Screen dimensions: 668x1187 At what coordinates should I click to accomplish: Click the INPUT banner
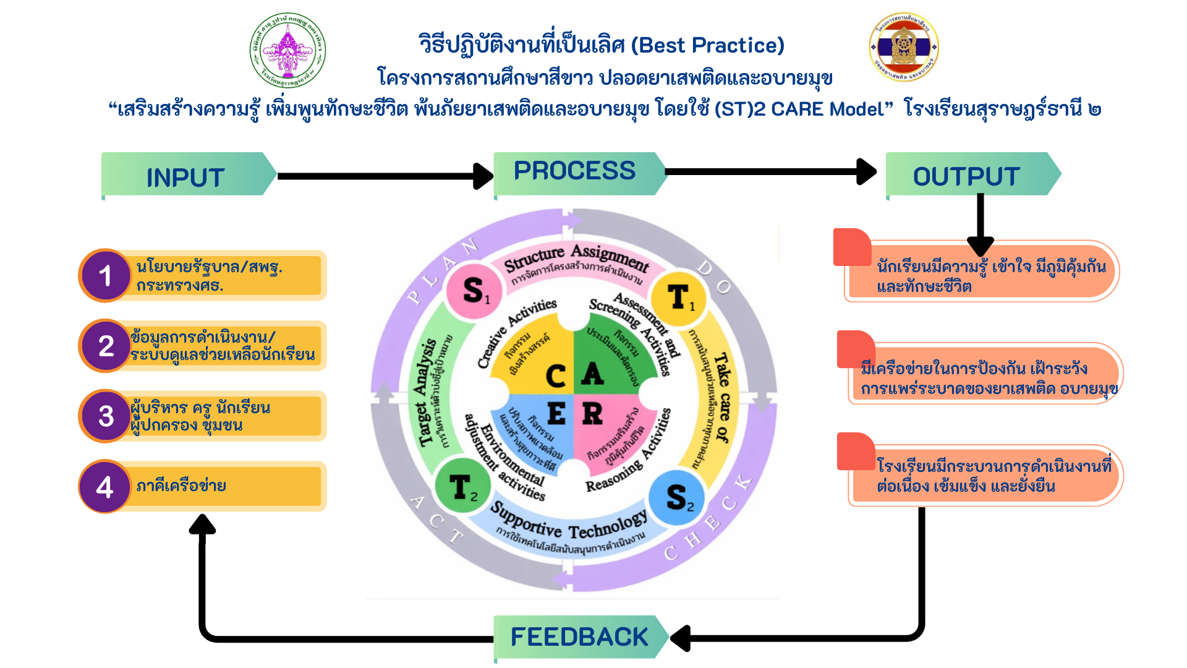coord(185,176)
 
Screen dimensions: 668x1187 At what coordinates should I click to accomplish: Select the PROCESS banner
coord(575,172)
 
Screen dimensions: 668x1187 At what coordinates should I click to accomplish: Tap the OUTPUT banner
coord(968,176)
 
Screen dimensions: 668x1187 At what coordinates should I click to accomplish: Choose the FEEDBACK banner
coord(579,636)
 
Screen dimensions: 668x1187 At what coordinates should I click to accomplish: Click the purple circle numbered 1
coord(106,275)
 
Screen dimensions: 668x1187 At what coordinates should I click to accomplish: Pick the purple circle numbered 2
coord(106,346)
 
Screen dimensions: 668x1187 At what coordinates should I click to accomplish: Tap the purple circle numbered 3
coord(106,416)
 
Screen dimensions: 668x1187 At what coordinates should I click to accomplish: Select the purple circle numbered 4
coord(105,487)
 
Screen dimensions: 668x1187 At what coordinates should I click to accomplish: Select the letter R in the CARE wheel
coord(592,413)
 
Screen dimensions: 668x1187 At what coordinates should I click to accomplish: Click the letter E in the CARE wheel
coord(556,413)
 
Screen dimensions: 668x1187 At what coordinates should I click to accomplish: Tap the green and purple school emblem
coord(287,50)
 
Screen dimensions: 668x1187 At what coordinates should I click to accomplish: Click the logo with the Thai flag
coord(904,47)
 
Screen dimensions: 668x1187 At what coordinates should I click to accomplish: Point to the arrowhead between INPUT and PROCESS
coord(483,176)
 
